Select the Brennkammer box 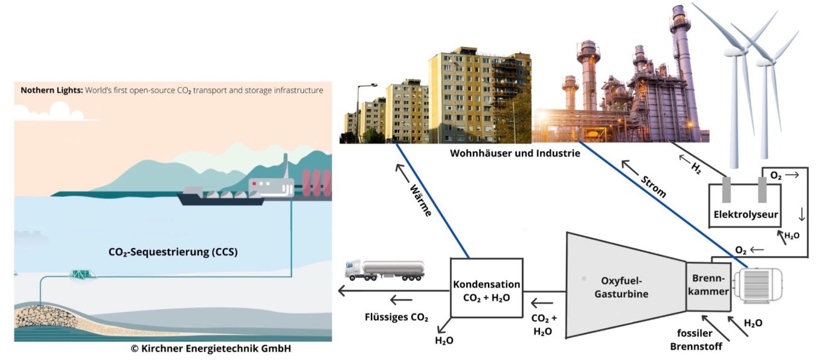(707, 288)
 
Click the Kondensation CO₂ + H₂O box (486, 287)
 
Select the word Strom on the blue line (653, 185)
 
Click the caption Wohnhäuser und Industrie (515, 153)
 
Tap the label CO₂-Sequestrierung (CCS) (173, 252)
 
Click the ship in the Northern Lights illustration (221, 196)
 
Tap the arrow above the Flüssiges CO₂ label (400, 300)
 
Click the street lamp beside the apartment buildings (357, 109)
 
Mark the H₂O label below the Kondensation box (444, 340)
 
